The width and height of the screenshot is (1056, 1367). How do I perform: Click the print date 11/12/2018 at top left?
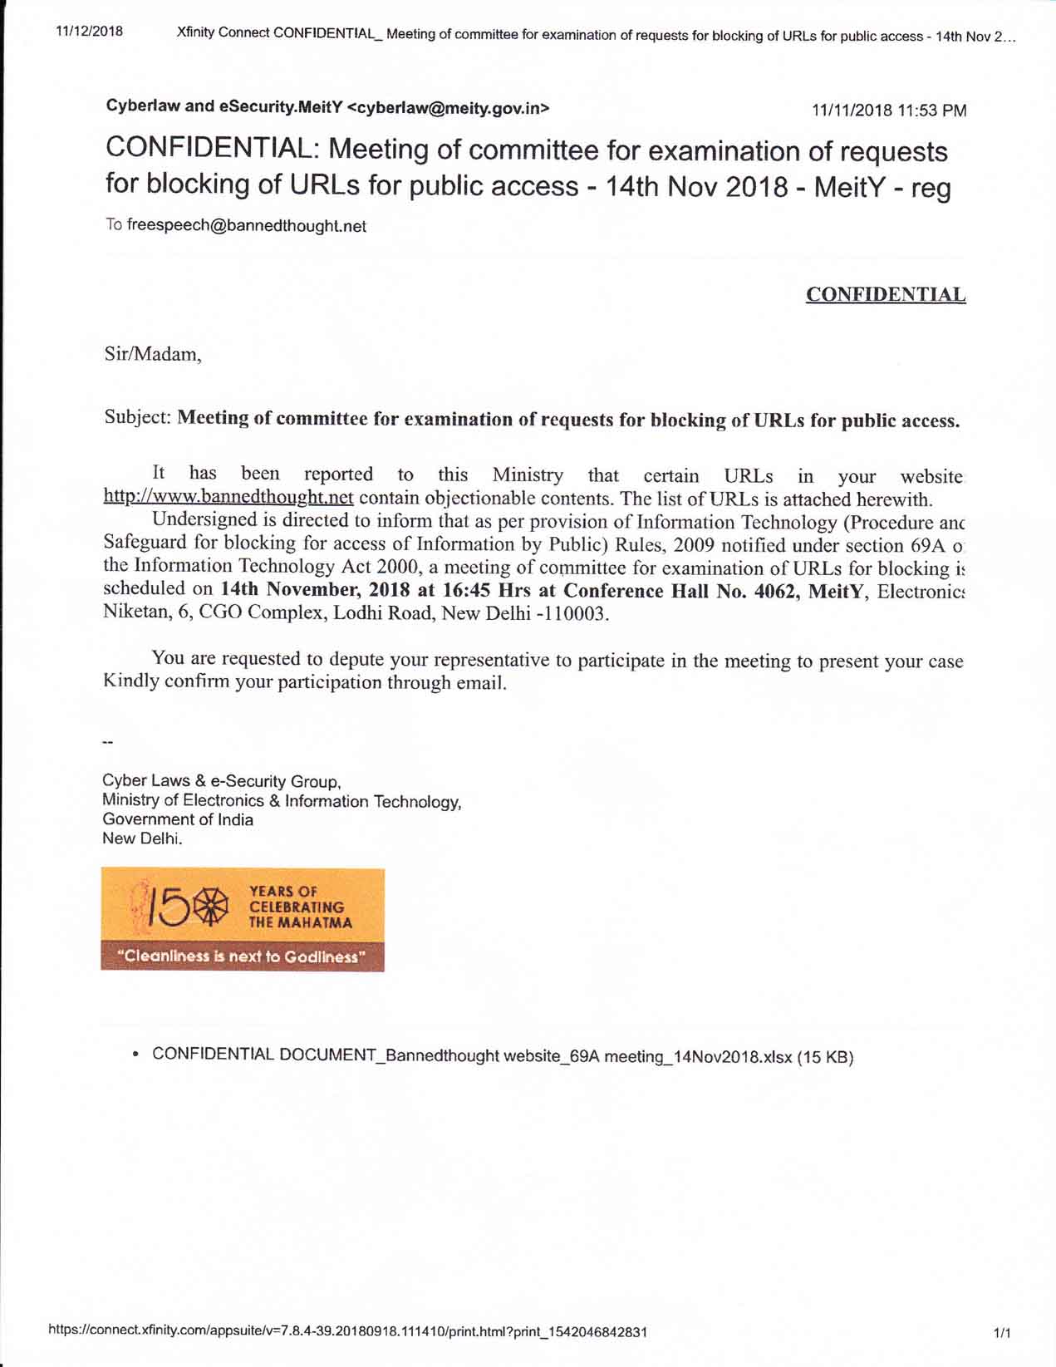89,32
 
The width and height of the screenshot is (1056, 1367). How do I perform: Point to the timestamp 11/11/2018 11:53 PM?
888,111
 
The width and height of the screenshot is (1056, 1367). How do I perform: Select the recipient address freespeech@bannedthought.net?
246,226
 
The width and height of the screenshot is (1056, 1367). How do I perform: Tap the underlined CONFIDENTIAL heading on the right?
885,295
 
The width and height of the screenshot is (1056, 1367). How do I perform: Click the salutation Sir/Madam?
152,354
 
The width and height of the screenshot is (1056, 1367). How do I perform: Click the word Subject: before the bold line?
137,417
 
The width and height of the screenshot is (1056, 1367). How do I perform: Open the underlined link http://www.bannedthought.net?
228,498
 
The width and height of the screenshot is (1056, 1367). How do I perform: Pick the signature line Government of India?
178,819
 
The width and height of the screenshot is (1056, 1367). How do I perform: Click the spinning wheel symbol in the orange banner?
209,907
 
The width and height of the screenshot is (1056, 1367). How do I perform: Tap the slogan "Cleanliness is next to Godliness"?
242,956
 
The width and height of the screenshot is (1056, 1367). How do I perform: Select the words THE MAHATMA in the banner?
300,922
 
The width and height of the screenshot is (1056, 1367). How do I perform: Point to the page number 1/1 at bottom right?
1002,1333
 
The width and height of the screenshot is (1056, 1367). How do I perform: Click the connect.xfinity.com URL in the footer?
348,1331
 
